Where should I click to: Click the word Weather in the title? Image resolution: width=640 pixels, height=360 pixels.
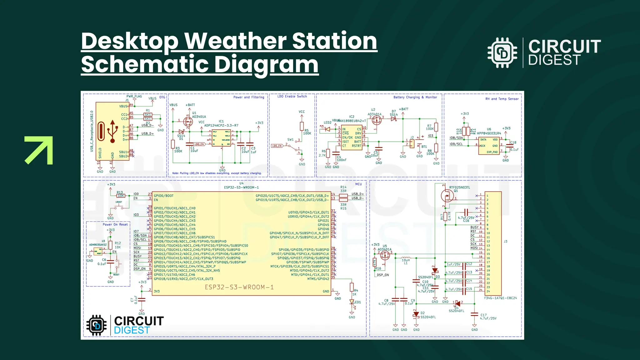click(235, 41)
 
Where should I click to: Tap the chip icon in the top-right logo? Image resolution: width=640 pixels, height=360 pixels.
click(502, 53)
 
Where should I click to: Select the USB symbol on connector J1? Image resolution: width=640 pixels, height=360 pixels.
click(112, 132)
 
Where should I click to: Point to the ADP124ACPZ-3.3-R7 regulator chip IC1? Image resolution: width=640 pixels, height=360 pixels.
click(221, 138)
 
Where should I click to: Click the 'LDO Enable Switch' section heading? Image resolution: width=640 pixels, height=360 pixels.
click(292, 97)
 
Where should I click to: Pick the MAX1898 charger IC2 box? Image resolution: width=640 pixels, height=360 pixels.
click(352, 138)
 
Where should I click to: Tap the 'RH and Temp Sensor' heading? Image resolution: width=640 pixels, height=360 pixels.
click(502, 99)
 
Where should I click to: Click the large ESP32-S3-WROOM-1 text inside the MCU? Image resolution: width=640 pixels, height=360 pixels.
click(239, 287)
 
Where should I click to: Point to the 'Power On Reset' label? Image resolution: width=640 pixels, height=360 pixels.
click(115, 225)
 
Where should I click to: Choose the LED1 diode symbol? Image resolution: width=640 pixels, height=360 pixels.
click(352, 302)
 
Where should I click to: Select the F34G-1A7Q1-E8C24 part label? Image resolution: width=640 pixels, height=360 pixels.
click(500, 298)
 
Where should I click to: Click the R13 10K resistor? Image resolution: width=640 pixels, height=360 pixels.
click(121, 196)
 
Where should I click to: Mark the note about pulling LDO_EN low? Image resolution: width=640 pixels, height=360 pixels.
click(217, 173)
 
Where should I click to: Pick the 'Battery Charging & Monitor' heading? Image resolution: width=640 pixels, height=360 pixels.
click(415, 97)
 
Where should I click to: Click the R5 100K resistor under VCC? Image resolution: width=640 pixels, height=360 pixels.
click(302, 126)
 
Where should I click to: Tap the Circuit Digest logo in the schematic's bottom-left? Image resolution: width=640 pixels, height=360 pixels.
click(125, 325)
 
